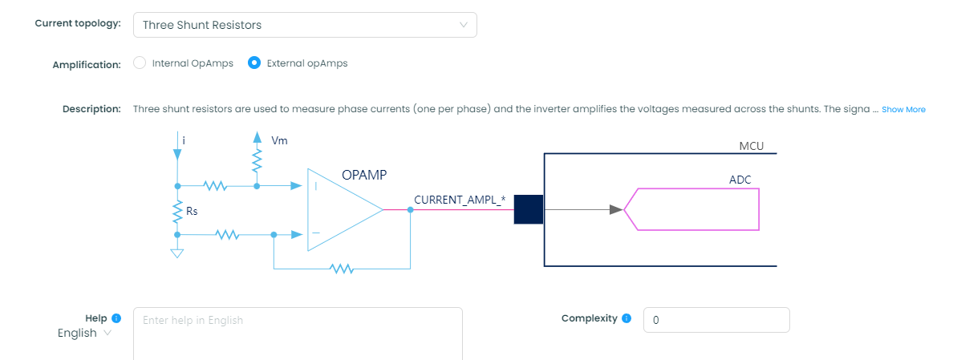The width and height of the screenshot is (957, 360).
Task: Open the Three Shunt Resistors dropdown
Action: click(x=305, y=25)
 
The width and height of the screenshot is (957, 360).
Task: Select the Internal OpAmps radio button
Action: click(x=140, y=63)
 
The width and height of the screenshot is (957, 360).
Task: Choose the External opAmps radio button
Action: click(x=254, y=63)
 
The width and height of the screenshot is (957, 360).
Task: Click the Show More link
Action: click(x=903, y=109)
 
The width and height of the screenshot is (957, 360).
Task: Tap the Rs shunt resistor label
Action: click(x=192, y=212)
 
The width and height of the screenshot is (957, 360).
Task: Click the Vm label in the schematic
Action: click(x=279, y=140)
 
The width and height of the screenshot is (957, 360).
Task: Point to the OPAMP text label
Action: click(x=365, y=175)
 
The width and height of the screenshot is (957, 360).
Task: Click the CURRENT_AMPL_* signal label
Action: click(x=459, y=199)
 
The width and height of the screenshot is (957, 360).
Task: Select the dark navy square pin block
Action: click(x=529, y=210)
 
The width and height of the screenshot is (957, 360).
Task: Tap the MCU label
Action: click(x=751, y=147)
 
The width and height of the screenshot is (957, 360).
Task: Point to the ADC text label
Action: click(x=740, y=180)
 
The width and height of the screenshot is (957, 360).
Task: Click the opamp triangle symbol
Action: click(x=341, y=210)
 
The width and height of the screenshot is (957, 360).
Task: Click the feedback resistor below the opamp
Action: click(x=342, y=269)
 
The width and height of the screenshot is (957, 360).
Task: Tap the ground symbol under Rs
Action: click(x=177, y=253)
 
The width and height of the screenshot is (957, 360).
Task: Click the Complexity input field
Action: click(x=716, y=320)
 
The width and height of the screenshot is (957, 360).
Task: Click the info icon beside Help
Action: click(x=116, y=318)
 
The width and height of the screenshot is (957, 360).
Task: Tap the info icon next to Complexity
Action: click(x=627, y=318)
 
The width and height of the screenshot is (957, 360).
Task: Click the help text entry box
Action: click(x=297, y=333)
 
